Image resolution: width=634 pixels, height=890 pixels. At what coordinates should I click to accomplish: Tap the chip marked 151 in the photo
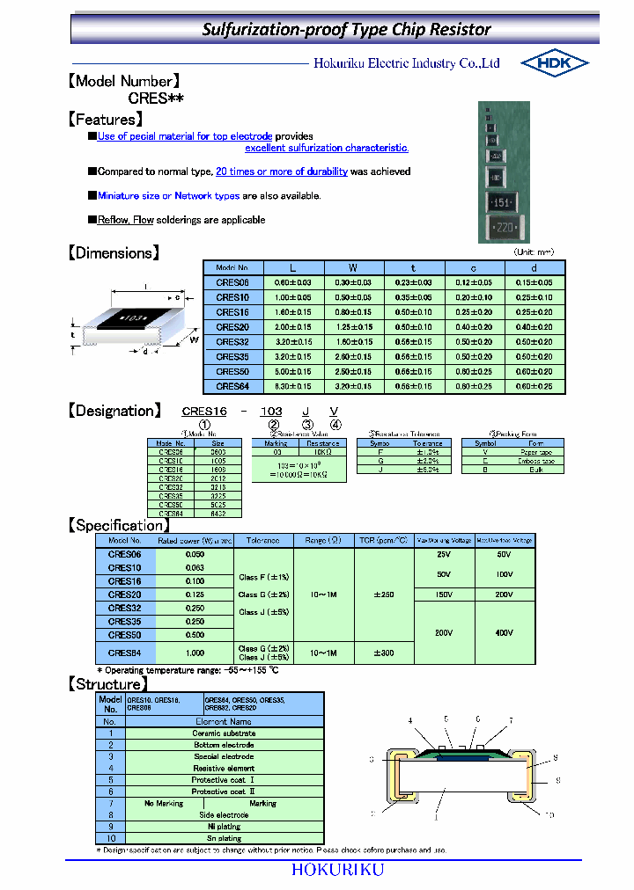click(502, 203)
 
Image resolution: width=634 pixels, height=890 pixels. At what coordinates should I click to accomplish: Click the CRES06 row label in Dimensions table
click(232, 282)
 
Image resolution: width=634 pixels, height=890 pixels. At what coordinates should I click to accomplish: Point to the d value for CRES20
click(534, 327)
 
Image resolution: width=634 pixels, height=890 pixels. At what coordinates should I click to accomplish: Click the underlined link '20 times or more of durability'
click(281, 171)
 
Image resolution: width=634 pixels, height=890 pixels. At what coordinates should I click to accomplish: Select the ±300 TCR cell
click(384, 653)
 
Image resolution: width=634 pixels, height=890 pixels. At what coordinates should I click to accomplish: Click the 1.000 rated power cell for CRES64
click(195, 653)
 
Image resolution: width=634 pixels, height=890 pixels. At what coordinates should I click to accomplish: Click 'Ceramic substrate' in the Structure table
click(224, 733)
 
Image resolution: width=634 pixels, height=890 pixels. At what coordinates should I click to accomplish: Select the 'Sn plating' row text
click(224, 839)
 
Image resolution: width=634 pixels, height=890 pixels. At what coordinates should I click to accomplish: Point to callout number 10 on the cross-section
click(549, 815)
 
